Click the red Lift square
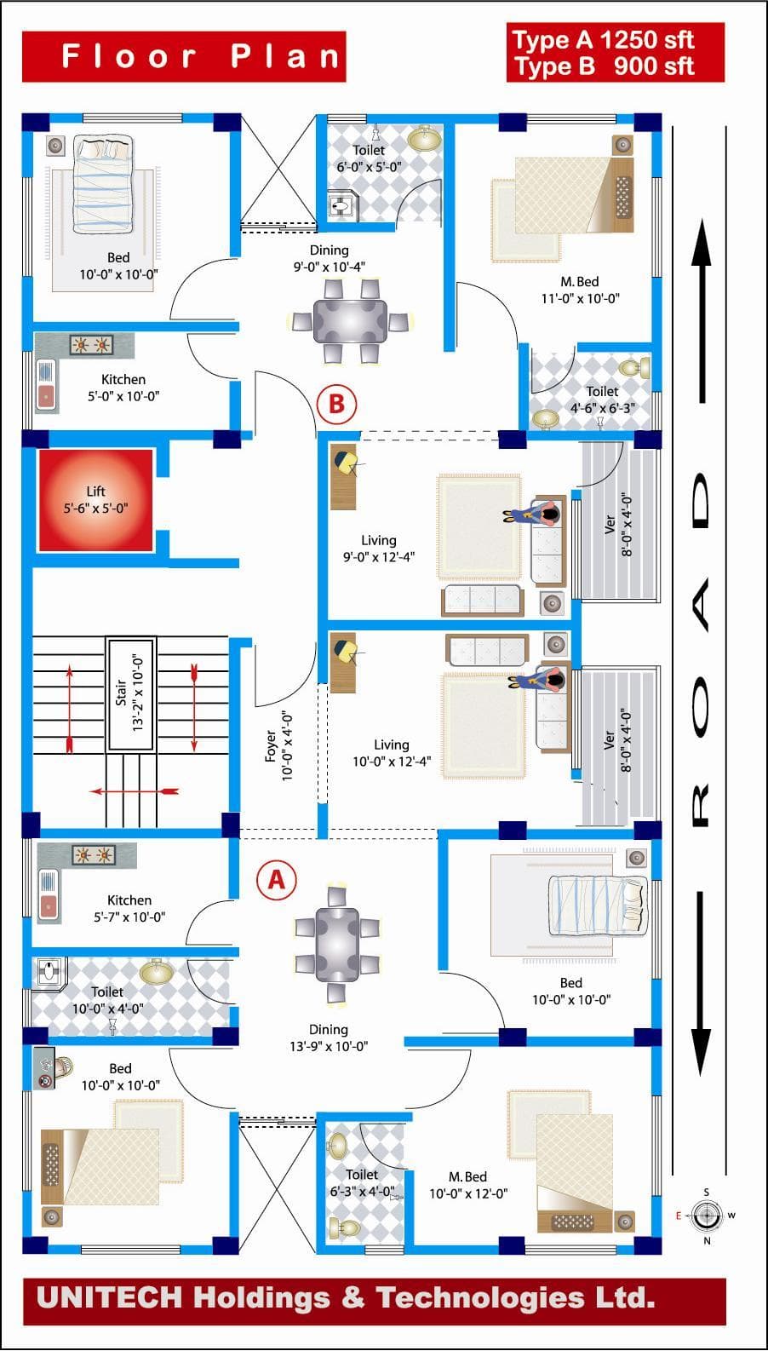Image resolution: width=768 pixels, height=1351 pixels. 95,500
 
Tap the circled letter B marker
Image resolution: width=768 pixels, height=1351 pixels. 336,402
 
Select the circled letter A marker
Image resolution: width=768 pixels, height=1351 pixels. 277,879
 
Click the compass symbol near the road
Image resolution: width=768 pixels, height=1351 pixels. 706,1216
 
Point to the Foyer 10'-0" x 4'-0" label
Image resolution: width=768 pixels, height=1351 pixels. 278,745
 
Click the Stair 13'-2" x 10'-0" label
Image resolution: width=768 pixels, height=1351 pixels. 130,693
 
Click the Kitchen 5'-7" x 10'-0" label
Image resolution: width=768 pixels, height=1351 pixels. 129,908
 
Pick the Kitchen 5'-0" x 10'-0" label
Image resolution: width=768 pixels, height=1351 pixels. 123,388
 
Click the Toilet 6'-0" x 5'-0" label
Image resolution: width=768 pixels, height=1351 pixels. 369,158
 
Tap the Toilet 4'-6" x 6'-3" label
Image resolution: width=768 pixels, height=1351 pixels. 602,400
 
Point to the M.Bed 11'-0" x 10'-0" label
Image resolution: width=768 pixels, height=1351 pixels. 580,290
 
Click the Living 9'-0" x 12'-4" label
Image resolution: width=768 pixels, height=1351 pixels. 379,549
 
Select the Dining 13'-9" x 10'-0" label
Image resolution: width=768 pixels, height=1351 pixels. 329,1038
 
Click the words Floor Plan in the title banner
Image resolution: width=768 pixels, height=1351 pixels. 201,57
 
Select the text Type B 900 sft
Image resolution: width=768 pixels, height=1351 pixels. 603,66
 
